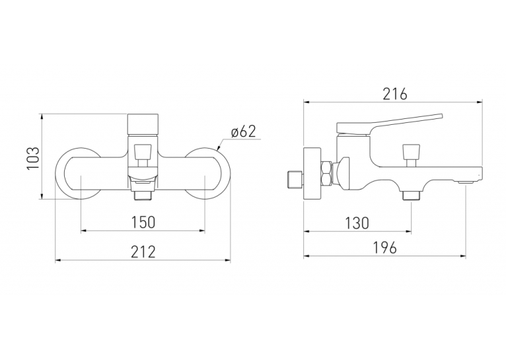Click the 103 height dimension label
(33, 157)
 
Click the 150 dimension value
(143, 222)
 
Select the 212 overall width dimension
(143, 252)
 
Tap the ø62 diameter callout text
(244, 131)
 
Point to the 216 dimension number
(395, 94)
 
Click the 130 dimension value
(357, 223)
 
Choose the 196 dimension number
(384, 248)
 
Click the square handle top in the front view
(143, 125)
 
